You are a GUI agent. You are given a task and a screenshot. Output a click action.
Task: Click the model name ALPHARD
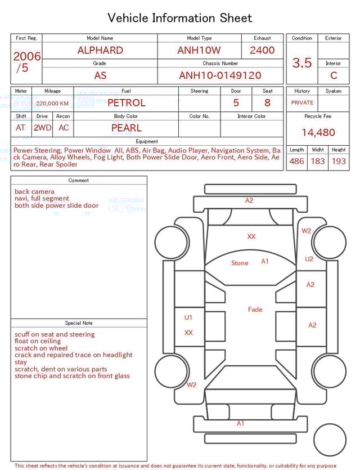(100, 50)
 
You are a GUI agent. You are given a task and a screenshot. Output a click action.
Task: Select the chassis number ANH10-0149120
(220, 75)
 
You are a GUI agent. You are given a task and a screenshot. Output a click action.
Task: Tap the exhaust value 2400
(262, 50)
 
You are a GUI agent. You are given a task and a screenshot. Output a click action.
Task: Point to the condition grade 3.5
(302, 63)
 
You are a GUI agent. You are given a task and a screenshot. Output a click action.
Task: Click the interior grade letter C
(334, 75)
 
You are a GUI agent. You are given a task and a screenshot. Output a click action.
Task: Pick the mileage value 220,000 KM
(52, 104)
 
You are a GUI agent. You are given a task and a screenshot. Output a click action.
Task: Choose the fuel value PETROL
(126, 103)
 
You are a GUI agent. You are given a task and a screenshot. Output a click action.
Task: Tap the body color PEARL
(127, 128)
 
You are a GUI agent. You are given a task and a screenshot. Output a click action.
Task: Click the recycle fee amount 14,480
(318, 133)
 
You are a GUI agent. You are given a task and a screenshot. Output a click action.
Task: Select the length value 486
(296, 162)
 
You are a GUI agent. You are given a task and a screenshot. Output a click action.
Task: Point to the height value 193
(339, 162)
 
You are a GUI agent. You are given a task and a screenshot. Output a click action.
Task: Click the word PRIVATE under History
(302, 103)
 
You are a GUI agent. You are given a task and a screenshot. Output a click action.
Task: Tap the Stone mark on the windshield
(240, 263)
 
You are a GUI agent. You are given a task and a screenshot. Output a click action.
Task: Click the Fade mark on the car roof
(255, 310)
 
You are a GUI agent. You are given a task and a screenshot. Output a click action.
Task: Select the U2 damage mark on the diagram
(309, 259)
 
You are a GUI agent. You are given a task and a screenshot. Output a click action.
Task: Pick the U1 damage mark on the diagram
(188, 317)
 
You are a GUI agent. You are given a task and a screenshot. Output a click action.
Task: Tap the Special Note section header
(79, 323)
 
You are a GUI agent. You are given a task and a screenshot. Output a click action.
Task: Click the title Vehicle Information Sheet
(180, 18)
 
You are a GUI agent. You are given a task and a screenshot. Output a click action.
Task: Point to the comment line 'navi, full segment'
(42, 199)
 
